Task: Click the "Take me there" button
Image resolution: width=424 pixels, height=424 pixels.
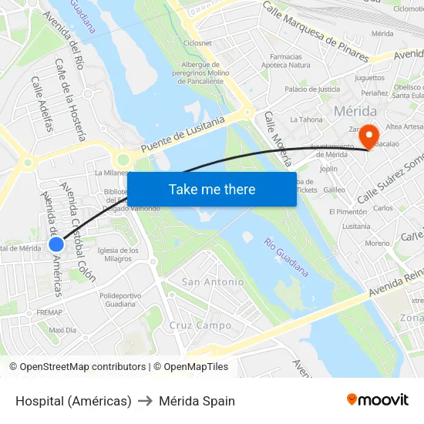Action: coord(211,189)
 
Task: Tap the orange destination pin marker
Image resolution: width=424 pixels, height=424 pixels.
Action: coord(368,136)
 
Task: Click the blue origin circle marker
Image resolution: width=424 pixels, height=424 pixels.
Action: coord(56,244)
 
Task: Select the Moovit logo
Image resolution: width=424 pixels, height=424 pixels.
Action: coord(377,399)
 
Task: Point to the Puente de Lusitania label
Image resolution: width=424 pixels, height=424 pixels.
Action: coord(183,134)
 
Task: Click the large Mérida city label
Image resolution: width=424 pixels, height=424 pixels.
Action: coord(355,111)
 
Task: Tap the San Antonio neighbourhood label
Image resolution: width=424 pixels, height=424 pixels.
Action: coord(213,282)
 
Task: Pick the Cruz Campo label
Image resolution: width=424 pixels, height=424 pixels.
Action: coord(200,325)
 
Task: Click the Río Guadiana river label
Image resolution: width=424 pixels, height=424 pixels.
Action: coord(285,257)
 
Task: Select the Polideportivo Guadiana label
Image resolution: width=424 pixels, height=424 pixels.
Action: coord(121,299)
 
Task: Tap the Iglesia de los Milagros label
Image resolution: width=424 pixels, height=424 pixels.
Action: coord(118,254)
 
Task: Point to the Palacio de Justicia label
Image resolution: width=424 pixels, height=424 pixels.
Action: coord(312,89)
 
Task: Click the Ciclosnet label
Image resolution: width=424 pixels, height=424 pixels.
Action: coord(198,43)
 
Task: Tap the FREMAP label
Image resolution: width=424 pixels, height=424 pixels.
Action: coord(49,312)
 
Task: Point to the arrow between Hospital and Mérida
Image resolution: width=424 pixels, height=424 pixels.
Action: coord(145,401)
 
